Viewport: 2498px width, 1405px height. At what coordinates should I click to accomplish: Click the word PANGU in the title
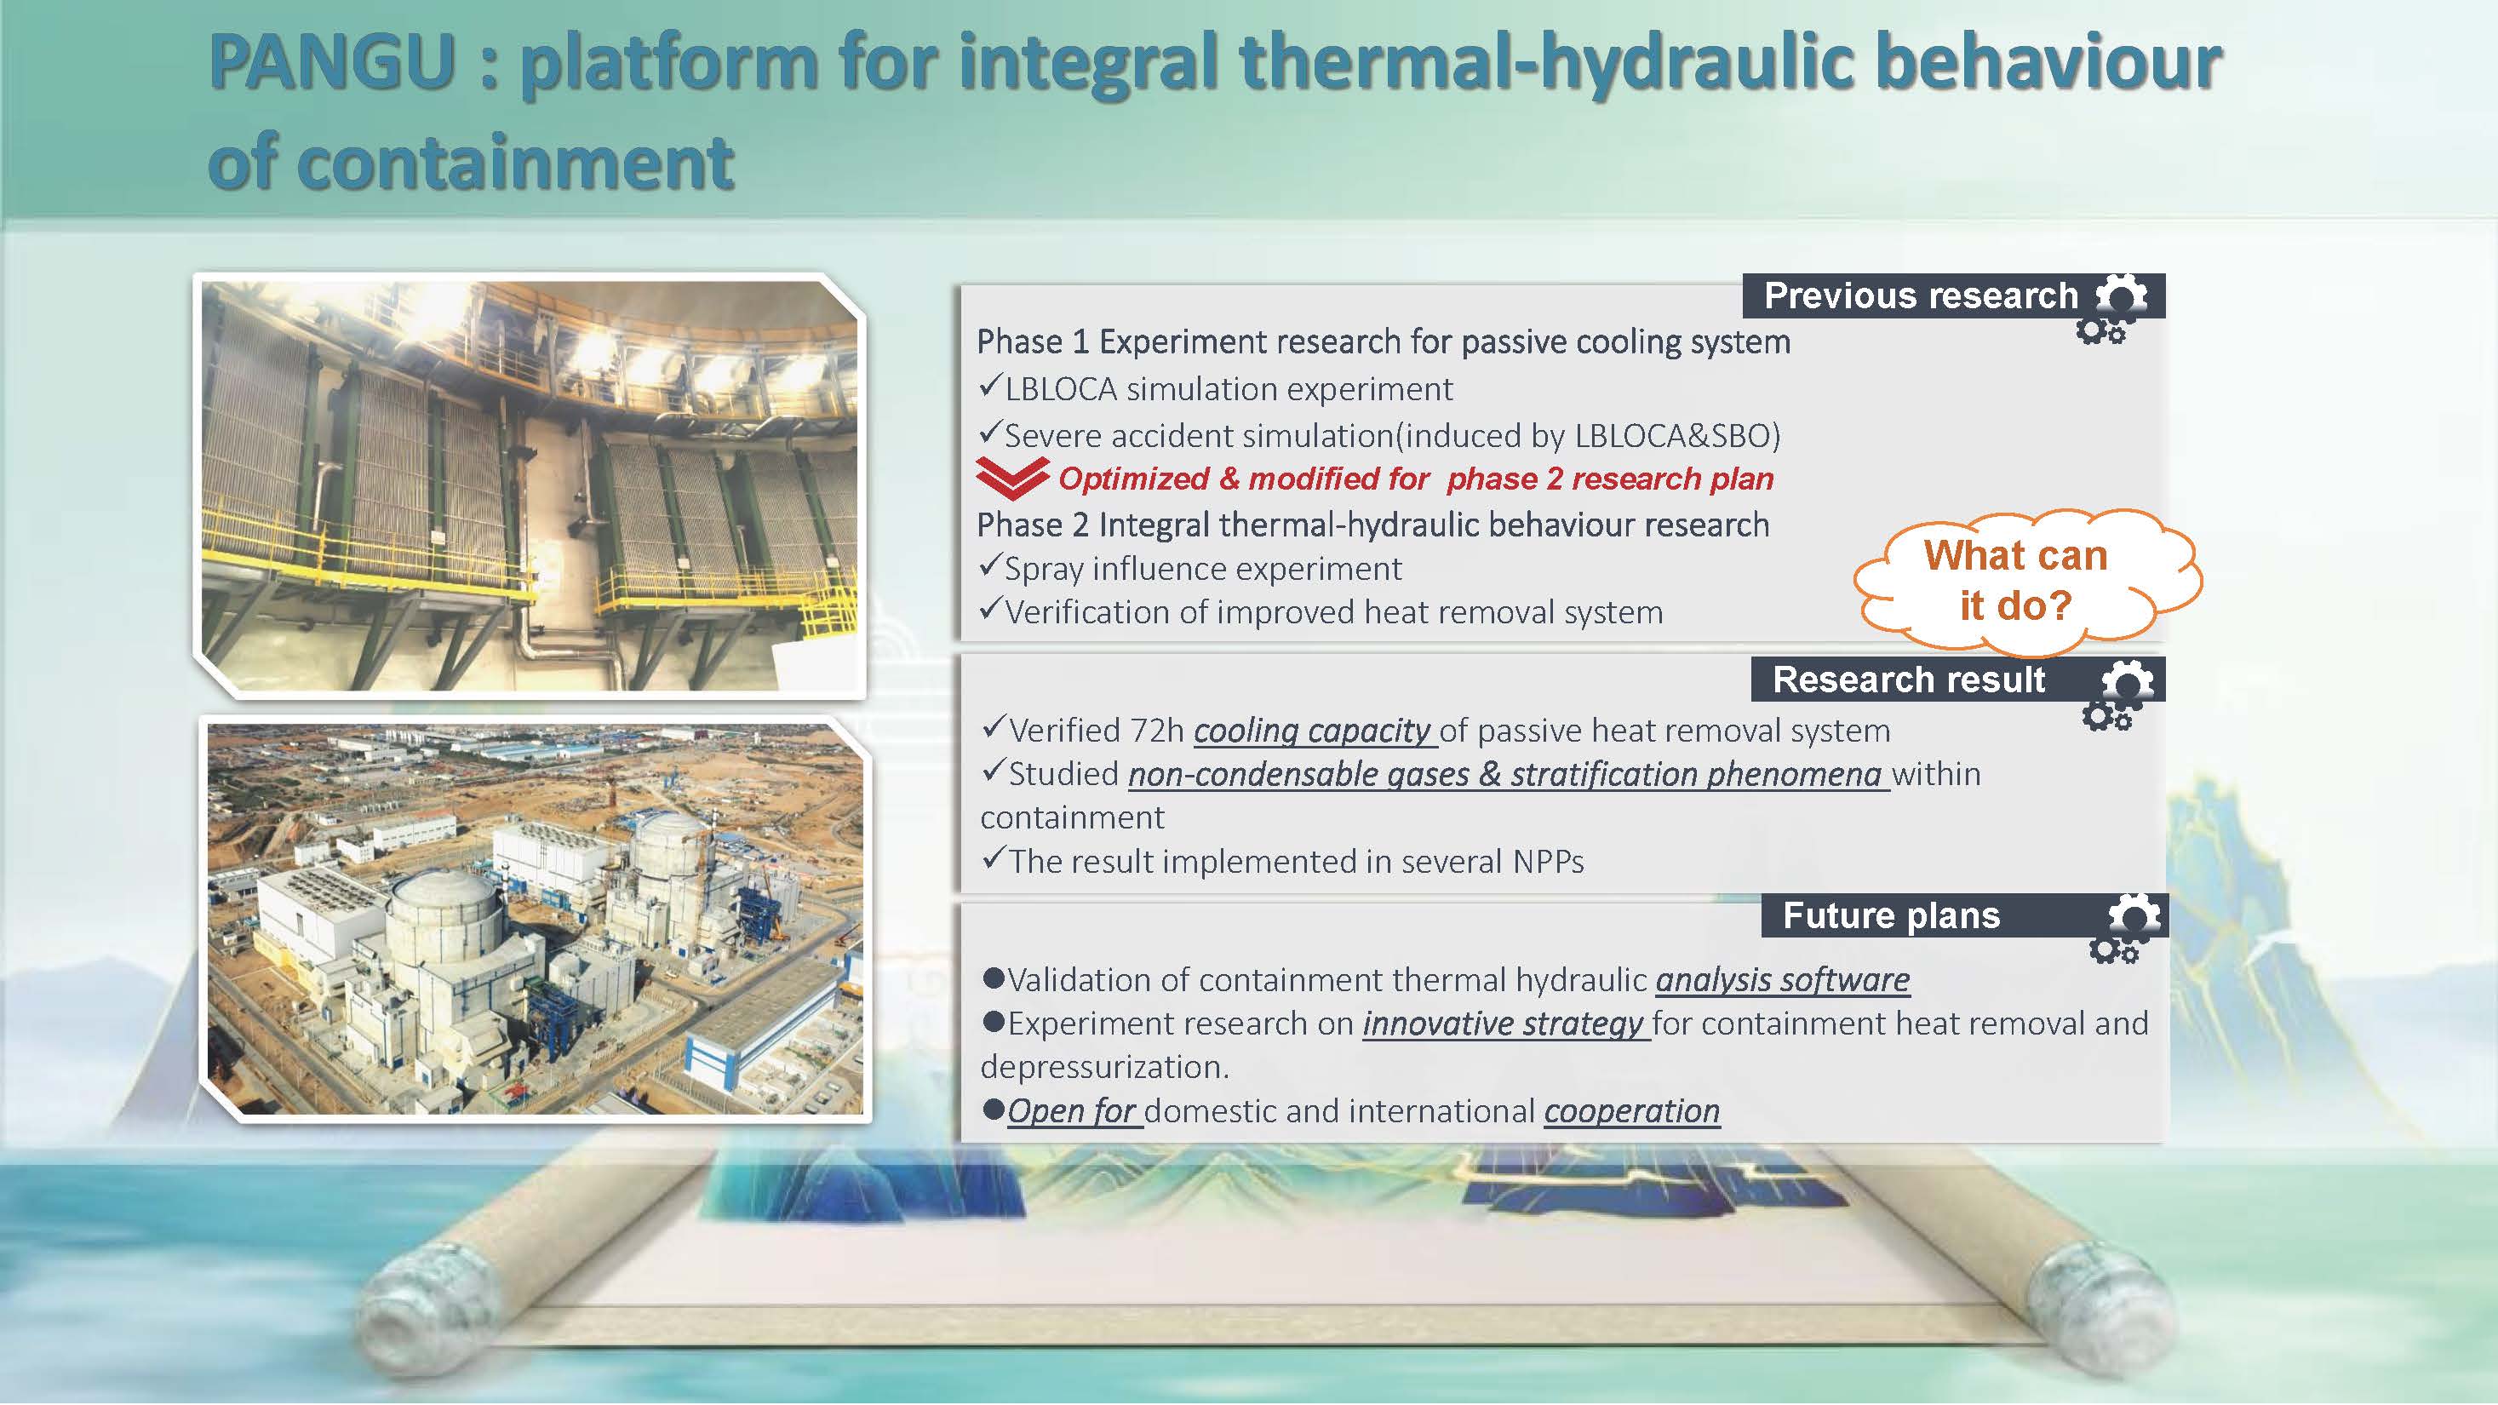[x=333, y=63]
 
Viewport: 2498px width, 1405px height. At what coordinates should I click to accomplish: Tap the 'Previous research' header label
[x=1920, y=295]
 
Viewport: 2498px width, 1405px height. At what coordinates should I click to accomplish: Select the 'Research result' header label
[x=1909, y=680]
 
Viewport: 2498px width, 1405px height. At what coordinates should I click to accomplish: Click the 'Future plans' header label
[x=1891, y=915]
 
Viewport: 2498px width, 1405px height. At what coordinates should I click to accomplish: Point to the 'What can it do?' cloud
[x=2026, y=581]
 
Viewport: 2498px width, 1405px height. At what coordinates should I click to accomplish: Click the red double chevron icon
[x=1011, y=477]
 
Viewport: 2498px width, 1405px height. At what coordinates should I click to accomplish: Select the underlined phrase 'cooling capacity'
[x=1312, y=730]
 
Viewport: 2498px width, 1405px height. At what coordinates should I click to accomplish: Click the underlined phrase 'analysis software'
[x=1782, y=980]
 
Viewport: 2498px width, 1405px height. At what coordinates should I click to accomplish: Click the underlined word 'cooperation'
[x=1632, y=1111]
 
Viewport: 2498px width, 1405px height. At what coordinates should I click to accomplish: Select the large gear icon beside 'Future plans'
[x=2134, y=916]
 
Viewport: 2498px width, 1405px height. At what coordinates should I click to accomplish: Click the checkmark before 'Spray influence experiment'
[x=990, y=565]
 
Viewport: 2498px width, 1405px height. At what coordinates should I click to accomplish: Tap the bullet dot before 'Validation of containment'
[x=993, y=978]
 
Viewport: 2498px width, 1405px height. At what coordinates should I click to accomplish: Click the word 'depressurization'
[x=1103, y=1068]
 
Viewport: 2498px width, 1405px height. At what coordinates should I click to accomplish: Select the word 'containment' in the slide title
[x=470, y=162]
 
